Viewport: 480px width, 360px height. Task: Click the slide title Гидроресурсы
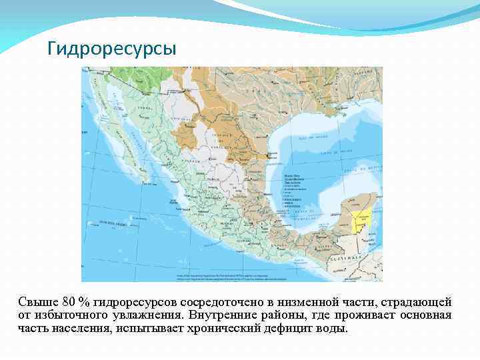click(x=112, y=49)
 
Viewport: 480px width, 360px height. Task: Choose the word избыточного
click(x=71, y=315)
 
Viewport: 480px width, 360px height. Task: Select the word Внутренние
click(x=223, y=315)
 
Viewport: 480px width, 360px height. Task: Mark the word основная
click(x=425, y=315)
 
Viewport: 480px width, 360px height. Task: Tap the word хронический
click(x=207, y=329)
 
